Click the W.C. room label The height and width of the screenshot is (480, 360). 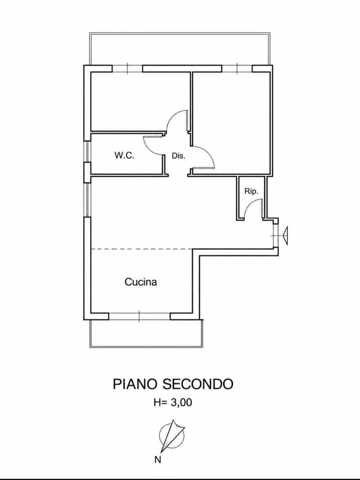coord(124,156)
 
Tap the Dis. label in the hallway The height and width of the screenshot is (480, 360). coord(179,156)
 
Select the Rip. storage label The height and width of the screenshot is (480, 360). coord(251,191)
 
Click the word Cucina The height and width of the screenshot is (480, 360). coord(141,282)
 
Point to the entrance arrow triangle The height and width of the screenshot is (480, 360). coord(285,236)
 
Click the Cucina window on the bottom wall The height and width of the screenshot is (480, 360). coord(139,316)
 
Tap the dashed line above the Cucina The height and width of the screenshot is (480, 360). coord(142,249)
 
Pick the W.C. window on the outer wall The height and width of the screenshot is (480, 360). coord(88,152)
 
